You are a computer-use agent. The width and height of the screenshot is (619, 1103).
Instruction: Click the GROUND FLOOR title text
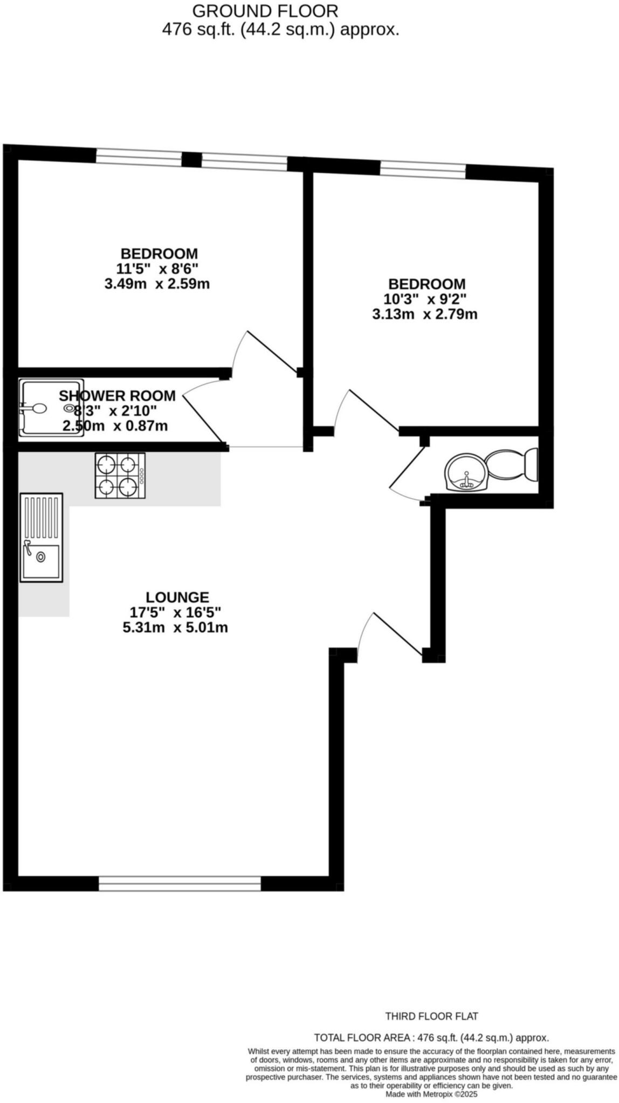point(265,11)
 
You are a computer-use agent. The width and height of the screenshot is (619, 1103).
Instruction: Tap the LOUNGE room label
point(177,597)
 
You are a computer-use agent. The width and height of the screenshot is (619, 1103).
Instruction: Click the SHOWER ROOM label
point(117,396)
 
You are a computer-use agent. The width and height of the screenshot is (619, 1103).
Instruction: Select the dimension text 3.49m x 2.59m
point(157,284)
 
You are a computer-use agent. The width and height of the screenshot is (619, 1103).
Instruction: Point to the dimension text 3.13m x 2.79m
point(425,314)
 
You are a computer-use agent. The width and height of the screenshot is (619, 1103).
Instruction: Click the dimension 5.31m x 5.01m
point(175,627)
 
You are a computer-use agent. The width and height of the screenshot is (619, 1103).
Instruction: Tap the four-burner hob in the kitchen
point(120,475)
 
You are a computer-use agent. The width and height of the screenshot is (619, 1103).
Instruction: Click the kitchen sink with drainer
point(42,537)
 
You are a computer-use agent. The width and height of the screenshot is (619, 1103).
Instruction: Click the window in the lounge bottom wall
point(180,883)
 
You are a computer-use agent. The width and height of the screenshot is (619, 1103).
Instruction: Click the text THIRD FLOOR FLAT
point(431,1016)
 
